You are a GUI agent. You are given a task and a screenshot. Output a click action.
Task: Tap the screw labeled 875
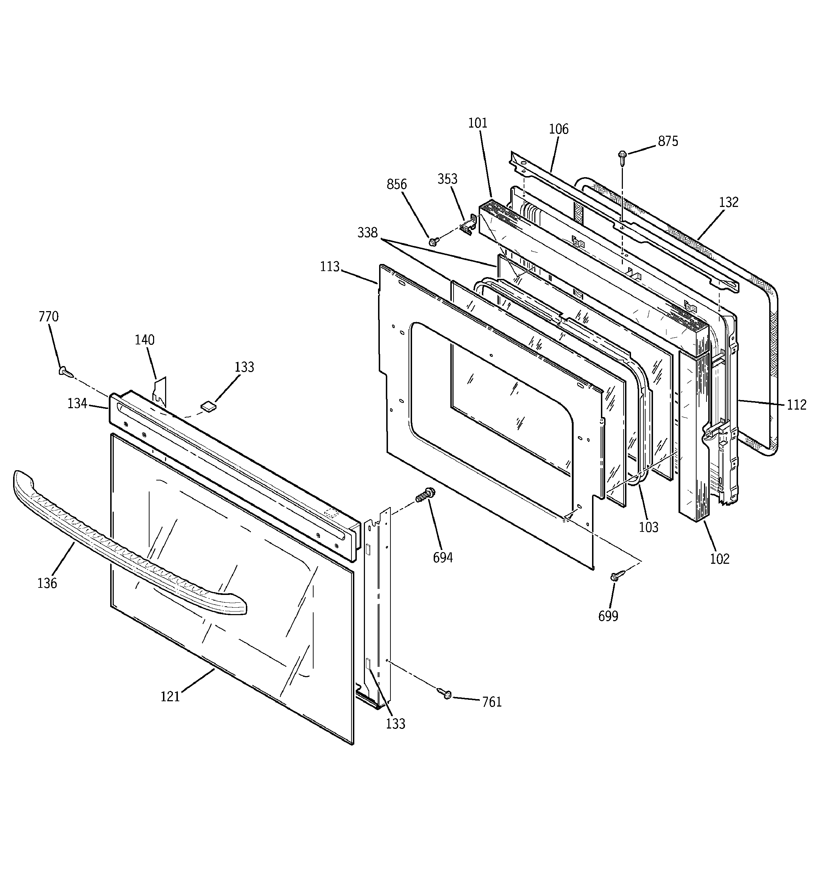(x=623, y=156)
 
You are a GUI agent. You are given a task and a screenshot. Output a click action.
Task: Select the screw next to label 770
(x=65, y=371)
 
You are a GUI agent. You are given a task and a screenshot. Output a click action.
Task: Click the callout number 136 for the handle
(x=47, y=583)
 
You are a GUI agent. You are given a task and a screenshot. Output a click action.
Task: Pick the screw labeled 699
(x=617, y=575)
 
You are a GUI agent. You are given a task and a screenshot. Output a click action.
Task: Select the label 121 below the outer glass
(x=170, y=697)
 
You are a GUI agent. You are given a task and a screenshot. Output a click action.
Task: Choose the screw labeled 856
(x=434, y=241)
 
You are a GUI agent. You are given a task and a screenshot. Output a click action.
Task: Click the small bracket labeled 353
(x=469, y=224)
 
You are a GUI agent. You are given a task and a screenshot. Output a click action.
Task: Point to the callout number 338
(x=367, y=232)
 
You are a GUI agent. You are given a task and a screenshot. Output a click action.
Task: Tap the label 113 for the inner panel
(x=330, y=266)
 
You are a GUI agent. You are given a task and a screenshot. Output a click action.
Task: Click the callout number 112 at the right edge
(x=796, y=405)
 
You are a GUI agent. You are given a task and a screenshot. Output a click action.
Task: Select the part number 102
(x=720, y=559)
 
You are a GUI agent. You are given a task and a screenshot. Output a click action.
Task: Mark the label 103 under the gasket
(x=648, y=527)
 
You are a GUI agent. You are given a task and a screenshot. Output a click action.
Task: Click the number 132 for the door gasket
(x=728, y=202)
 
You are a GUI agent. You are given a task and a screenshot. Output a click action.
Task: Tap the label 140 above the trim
(x=144, y=340)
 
